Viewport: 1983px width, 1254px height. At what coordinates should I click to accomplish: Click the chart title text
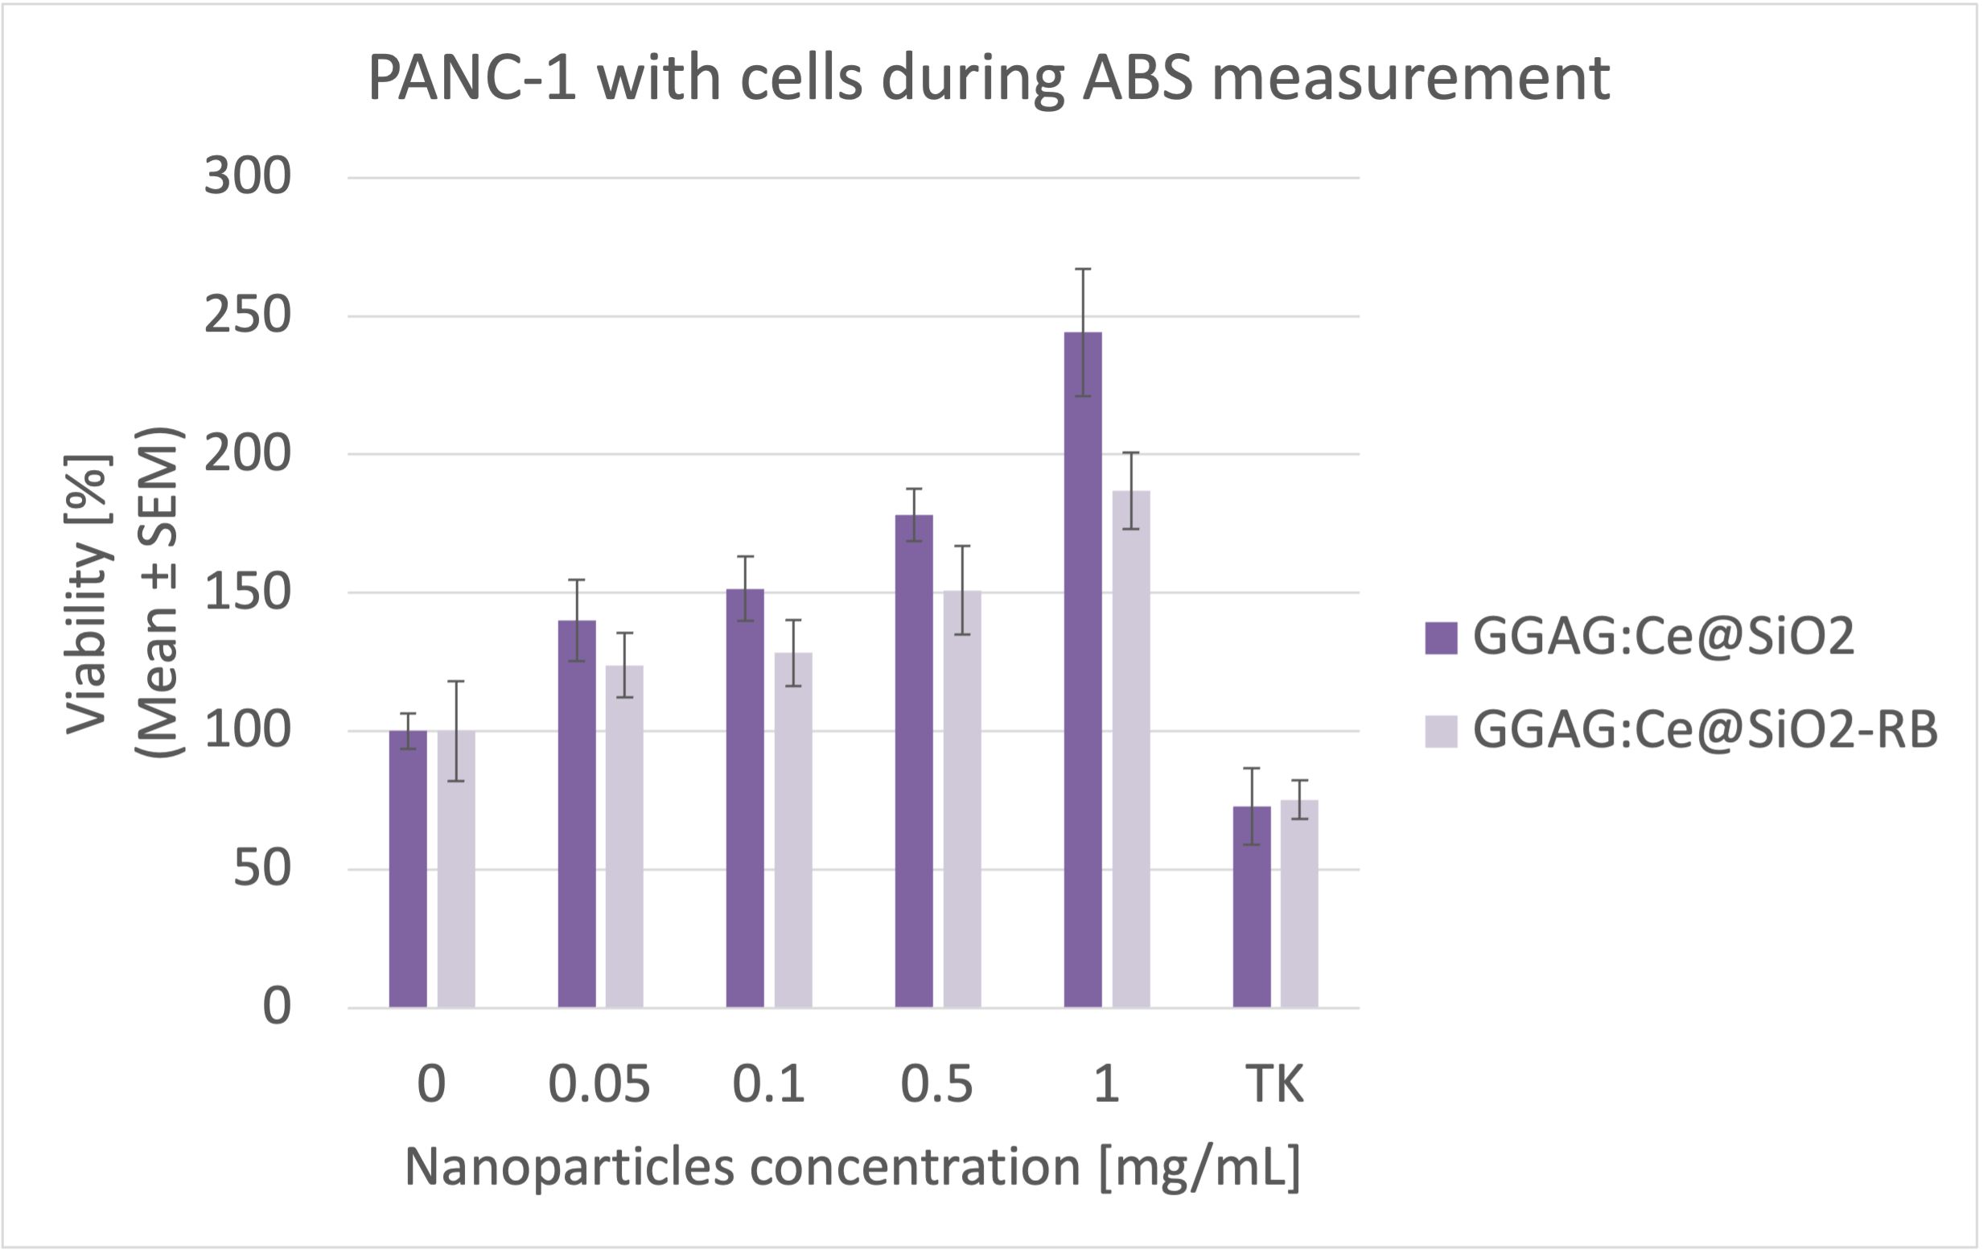tap(987, 78)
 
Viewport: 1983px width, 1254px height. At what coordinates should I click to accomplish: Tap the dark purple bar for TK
tap(1251, 906)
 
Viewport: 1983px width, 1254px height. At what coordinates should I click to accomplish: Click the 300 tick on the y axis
tap(247, 176)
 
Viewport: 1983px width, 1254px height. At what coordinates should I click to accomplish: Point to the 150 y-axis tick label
tap(247, 592)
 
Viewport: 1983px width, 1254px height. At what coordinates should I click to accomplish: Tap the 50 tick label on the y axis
tap(262, 868)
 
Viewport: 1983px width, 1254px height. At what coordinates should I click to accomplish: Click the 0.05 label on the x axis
tap(599, 1083)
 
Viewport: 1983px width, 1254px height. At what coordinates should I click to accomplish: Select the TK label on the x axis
tap(1275, 1083)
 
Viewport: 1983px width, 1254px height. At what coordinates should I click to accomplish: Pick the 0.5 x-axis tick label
tap(937, 1083)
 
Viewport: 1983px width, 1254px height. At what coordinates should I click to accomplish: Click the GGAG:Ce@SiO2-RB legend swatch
tap(1441, 731)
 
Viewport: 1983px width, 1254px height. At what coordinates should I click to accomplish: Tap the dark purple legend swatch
tap(1441, 637)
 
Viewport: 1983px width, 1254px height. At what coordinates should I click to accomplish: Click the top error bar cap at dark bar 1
tap(1082, 270)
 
